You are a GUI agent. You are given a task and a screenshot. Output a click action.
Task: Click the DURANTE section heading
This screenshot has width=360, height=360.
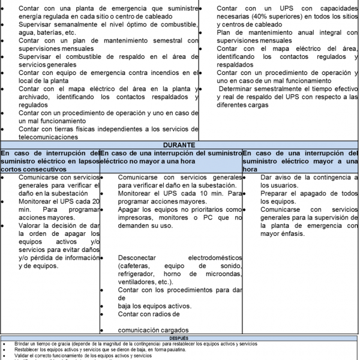click(180, 145)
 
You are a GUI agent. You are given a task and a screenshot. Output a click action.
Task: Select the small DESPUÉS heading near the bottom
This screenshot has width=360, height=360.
click(179, 338)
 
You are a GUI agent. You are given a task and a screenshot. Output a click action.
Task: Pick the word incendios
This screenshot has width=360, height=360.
click(162, 72)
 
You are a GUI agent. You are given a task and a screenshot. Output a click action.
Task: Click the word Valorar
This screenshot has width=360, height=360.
click(32, 226)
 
